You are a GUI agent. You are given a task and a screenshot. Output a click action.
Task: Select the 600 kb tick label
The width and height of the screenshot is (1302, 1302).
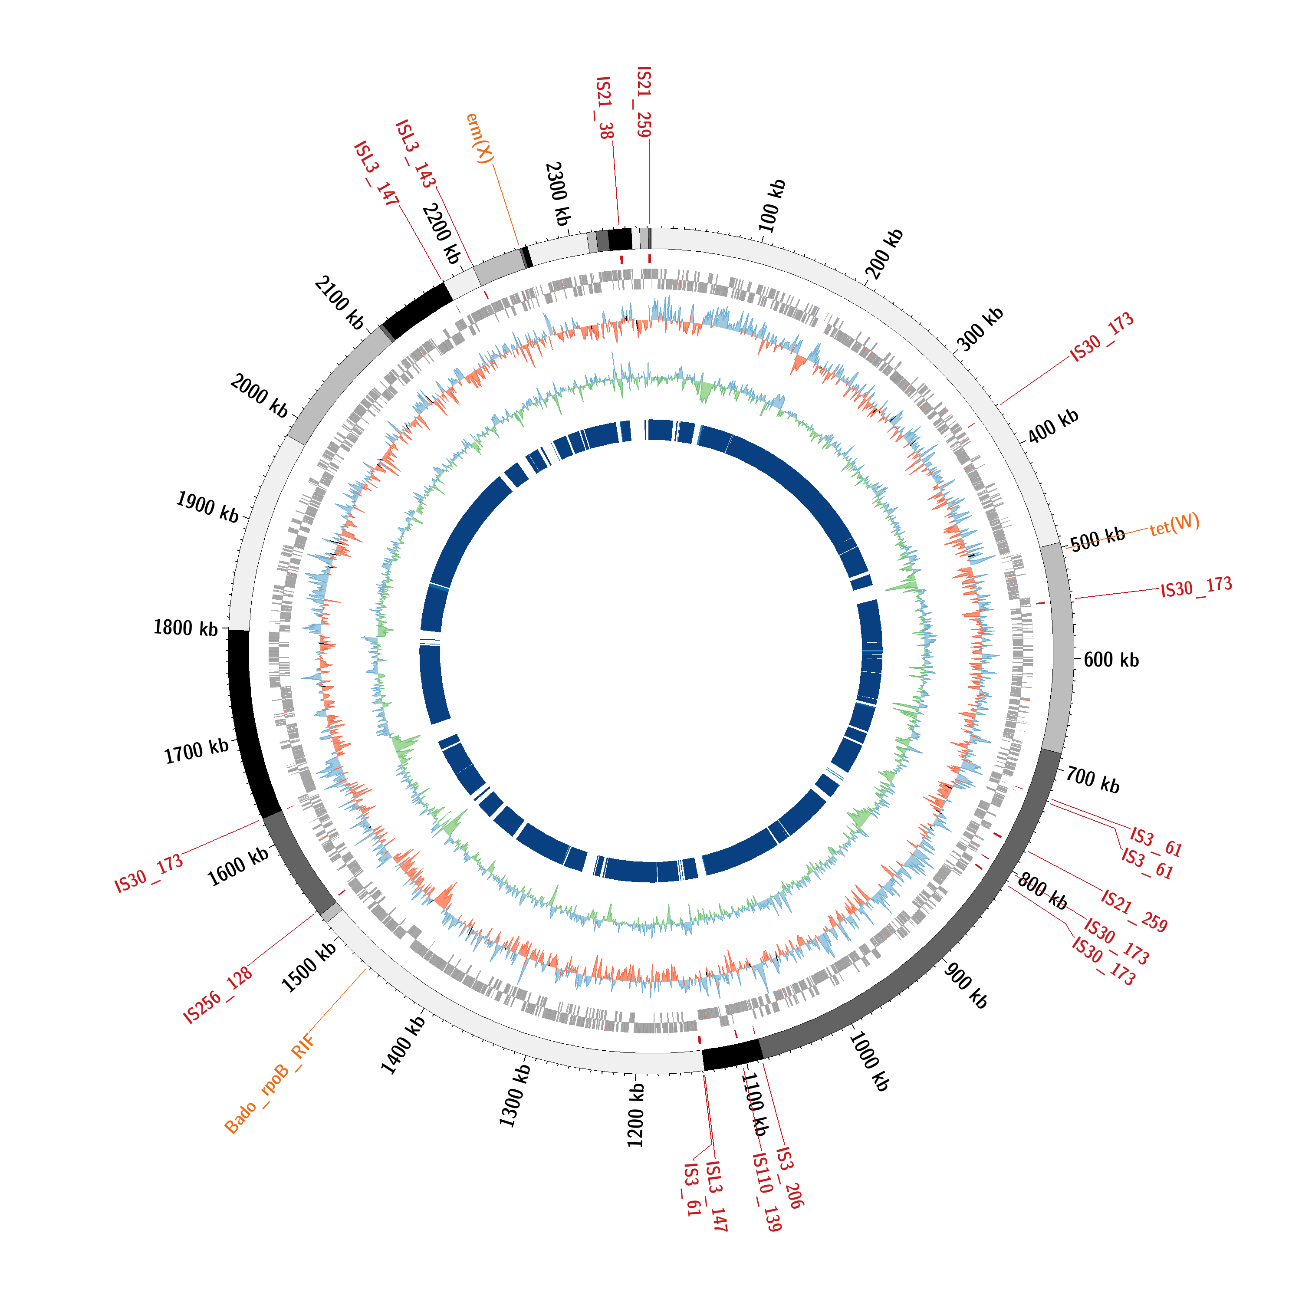point(1111,660)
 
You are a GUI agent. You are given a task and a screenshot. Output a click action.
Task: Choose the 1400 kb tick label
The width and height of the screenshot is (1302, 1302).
point(403,1045)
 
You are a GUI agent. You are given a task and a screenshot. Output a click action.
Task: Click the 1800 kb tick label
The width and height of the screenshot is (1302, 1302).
point(186,628)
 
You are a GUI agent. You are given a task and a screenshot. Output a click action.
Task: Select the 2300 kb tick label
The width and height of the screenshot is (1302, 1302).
point(558,194)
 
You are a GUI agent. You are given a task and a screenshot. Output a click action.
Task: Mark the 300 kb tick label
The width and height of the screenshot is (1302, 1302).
point(980,329)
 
